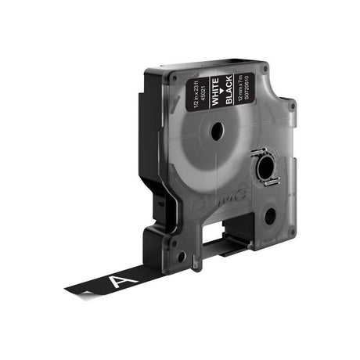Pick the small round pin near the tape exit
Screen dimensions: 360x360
point(182,256)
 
